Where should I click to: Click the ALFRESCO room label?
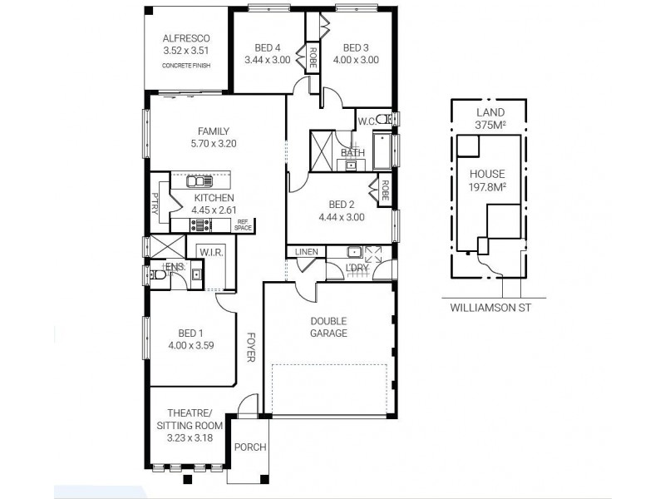click(186, 38)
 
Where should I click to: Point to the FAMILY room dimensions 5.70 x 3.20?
click(213, 143)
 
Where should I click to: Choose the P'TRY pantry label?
click(155, 202)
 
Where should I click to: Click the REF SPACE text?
click(243, 225)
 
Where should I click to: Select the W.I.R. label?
click(207, 251)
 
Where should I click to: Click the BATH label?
click(352, 152)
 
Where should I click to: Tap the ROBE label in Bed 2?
click(385, 192)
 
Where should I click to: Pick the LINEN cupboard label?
click(306, 252)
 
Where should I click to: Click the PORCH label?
click(249, 447)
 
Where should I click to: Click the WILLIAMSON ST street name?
click(490, 307)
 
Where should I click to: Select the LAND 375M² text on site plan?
click(490, 118)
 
